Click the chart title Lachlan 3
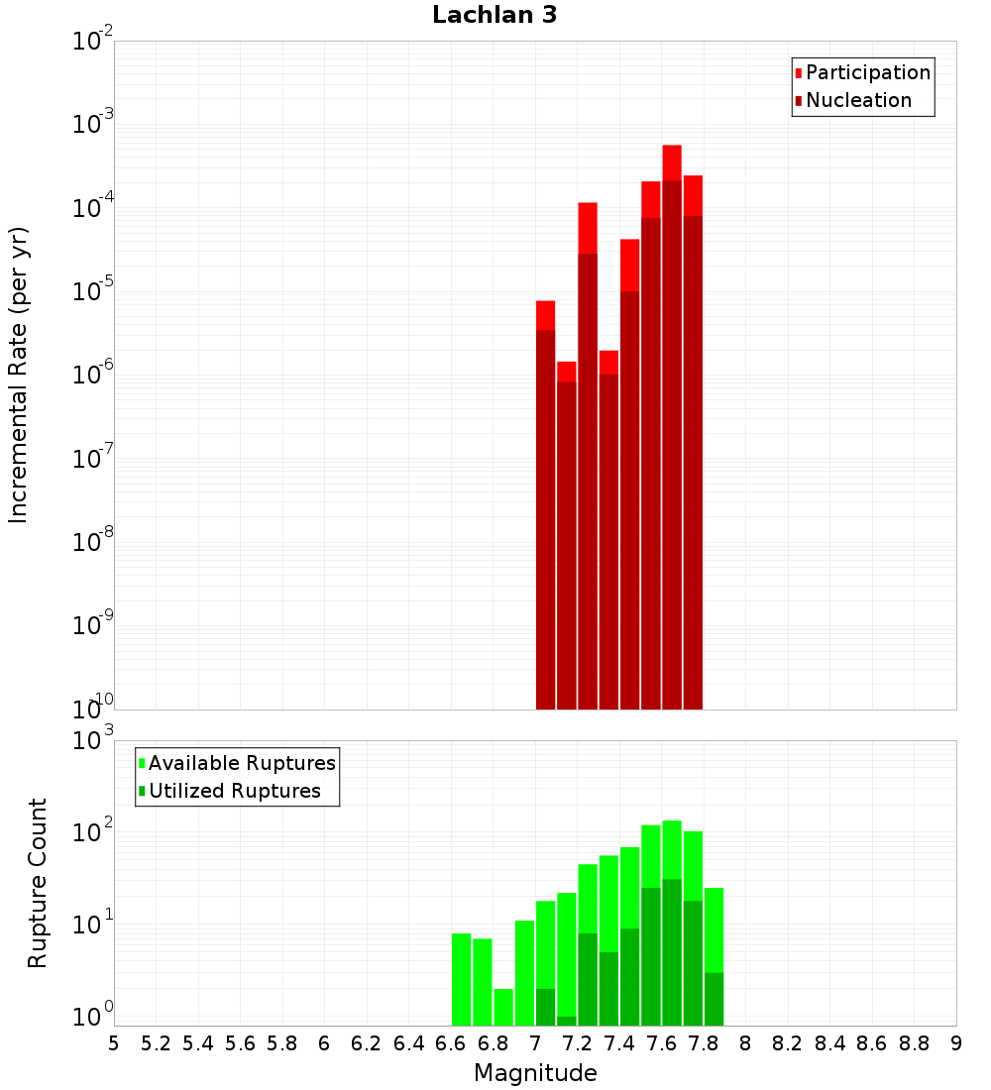coord(495,15)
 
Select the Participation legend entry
coord(862,72)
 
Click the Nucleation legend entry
coord(853,100)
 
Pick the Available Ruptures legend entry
coord(237,763)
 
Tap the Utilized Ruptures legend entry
coord(230,791)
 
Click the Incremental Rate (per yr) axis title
coord(18,375)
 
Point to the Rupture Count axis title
coord(37,883)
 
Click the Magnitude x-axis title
coord(535,1073)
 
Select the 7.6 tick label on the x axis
coord(661,1044)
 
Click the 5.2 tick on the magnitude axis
coord(157,1044)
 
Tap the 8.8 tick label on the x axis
coord(914,1044)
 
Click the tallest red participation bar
coord(672,427)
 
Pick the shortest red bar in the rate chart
coord(567,535)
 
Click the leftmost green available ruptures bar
coord(462,979)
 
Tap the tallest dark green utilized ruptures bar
coord(672,952)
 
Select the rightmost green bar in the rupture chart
coord(715,956)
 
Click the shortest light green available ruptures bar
coord(503,1008)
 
